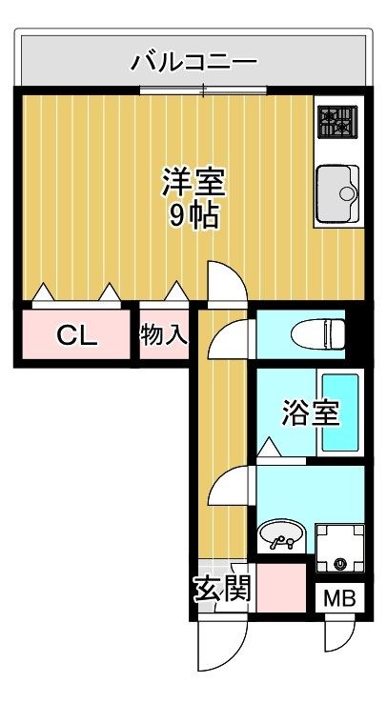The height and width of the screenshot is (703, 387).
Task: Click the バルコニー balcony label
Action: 193,61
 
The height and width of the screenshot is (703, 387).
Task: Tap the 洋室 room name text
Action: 193,182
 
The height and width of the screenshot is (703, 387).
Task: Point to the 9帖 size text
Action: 193,215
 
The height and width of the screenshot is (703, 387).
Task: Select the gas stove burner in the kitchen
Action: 337,122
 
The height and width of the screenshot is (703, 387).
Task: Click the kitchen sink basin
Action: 337,193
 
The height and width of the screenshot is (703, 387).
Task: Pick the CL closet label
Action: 77,335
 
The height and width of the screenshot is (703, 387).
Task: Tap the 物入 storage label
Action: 164,335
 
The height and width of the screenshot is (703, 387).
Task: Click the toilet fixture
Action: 318,333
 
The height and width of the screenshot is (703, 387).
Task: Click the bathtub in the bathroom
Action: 340,412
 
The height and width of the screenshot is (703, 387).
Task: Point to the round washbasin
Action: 281,534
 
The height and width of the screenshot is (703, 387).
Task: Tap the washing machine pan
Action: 340,548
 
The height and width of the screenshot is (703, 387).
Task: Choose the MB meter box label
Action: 339,597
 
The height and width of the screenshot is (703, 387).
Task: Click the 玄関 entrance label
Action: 222,589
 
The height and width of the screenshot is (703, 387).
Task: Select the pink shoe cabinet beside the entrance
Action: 281,588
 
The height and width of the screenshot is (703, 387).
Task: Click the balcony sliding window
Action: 203,90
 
